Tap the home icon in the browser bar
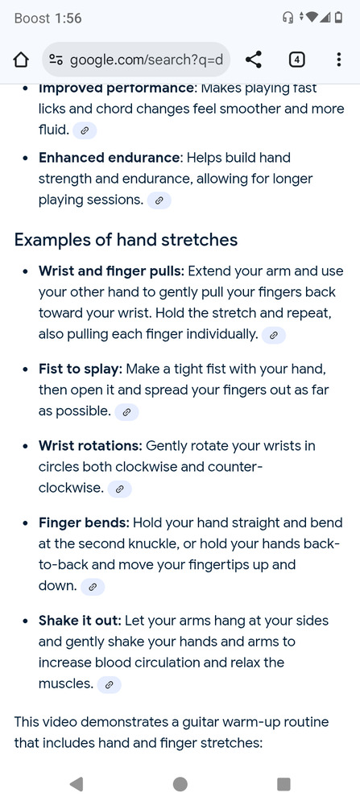20,60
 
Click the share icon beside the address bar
253,60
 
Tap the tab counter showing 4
297,60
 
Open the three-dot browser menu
338,60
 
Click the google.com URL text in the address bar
147,60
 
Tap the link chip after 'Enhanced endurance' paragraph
159,200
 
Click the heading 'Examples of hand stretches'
126,240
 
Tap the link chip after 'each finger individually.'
274,335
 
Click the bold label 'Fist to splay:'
81,369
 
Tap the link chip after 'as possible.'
127,411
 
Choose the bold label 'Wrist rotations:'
90,446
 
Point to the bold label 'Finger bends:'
85,522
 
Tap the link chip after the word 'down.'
93,586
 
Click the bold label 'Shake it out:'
80,620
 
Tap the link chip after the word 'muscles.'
110,684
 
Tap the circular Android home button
180,784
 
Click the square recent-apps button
283,784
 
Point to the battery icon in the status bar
338,18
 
